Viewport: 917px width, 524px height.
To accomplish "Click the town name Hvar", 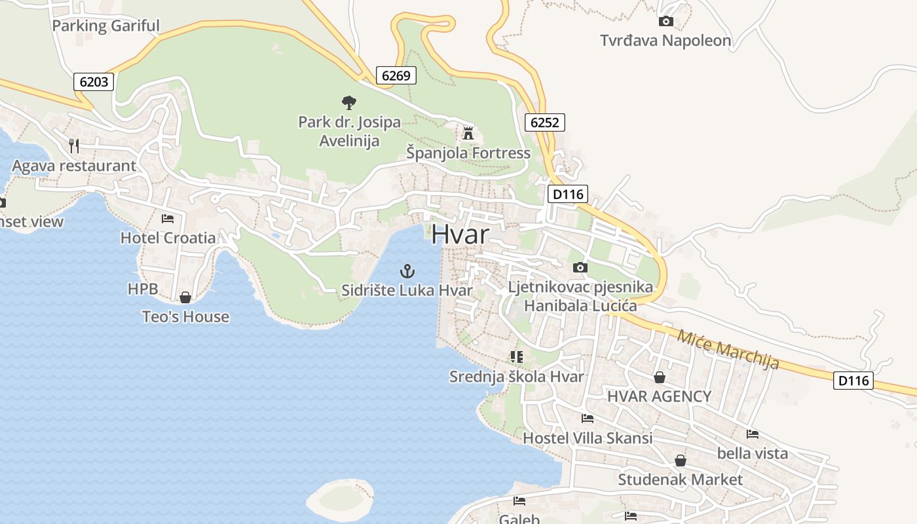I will click(460, 234).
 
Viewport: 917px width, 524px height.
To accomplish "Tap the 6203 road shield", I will click(94, 82).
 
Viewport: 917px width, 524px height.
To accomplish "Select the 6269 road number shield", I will click(396, 75).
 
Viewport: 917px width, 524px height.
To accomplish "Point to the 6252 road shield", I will click(544, 122).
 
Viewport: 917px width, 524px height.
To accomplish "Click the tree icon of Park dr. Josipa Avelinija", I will click(349, 102).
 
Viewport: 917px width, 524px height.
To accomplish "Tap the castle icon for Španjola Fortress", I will click(468, 133).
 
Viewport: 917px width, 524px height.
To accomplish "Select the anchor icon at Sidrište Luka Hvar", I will click(407, 271).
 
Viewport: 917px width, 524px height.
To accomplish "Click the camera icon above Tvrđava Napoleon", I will click(665, 22).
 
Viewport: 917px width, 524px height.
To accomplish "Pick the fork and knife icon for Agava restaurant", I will click(74, 145).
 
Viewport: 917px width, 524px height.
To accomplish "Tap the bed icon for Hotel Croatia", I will click(168, 218).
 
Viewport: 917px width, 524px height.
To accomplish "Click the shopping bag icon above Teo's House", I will click(185, 297).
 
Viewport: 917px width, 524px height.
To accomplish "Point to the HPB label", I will click(143, 289).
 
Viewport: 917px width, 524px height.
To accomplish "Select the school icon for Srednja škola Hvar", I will click(516, 357).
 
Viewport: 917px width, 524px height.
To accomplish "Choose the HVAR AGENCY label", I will click(659, 396).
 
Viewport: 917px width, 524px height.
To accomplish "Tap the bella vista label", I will click(753, 453).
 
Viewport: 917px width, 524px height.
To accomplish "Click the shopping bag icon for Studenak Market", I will click(681, 460).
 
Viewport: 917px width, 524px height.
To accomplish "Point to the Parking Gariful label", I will click(105, 26).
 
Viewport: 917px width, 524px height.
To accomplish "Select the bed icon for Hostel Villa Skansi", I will click(587, 418).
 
